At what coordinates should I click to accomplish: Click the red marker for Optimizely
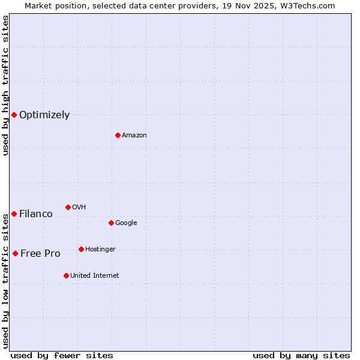click(14, 115)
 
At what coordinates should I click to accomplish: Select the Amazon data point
click(118, 135)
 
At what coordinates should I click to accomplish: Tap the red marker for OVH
click(68, 207)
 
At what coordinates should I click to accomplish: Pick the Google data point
click(111, 223)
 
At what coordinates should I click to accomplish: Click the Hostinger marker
click(81, 249)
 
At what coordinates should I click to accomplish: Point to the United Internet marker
click(66, 275)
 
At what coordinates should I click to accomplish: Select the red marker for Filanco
click(14, 214)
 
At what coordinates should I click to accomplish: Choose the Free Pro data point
click(15, 253)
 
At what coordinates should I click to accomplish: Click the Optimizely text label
click(44, 115)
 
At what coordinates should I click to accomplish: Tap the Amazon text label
click(134, 136)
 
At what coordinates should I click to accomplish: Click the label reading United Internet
click(95, 276)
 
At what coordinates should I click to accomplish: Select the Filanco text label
click(36, 214)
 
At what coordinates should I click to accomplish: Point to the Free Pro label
click(40, 254)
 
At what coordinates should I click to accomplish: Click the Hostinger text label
click(100, 250)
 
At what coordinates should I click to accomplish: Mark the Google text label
click(126, 223)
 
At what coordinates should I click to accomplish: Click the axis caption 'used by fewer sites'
click(62, 355)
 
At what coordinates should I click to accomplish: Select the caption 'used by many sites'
click(301, 355)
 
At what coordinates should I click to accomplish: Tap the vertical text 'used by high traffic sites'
click(5, 86)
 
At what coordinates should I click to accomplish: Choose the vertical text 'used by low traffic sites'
click(5, 280)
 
